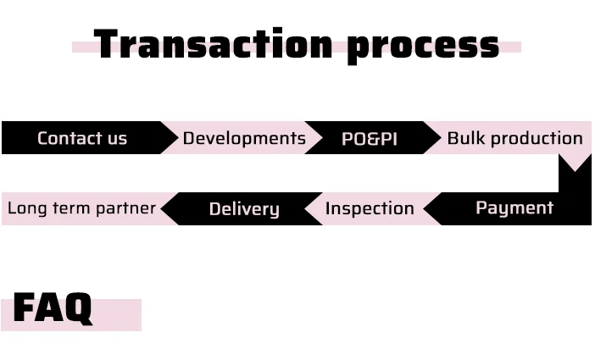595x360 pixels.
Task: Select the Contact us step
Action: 82,138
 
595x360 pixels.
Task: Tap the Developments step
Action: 244,138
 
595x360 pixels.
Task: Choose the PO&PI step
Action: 370,138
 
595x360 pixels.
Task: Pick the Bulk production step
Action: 514,138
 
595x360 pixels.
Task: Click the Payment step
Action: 514,208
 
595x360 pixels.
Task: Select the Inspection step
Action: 370,208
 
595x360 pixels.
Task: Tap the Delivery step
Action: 244,208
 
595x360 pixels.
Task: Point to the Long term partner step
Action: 81,208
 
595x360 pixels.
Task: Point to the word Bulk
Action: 466,138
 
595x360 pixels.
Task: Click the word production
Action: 537,139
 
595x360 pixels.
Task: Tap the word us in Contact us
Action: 116,139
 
